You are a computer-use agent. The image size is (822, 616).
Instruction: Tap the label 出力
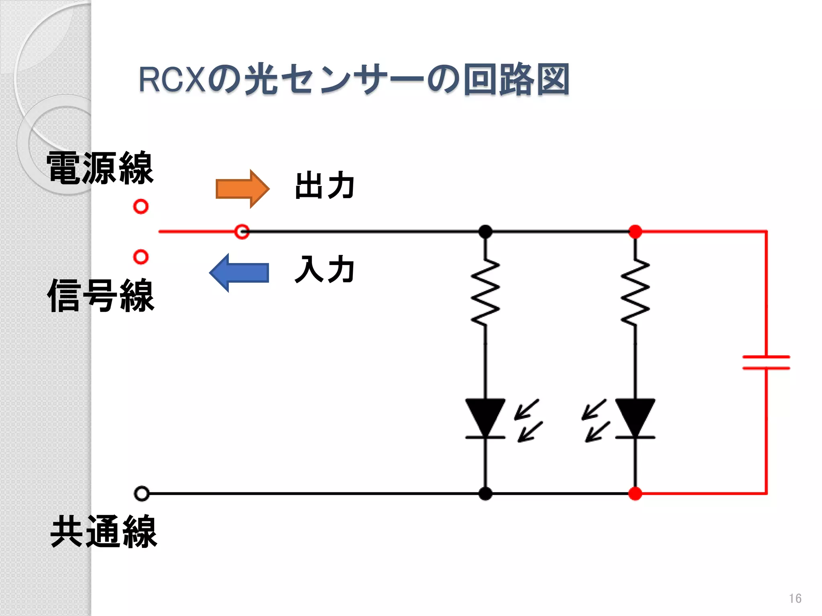pos(324,185)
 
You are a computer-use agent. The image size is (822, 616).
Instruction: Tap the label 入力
pos(324,269)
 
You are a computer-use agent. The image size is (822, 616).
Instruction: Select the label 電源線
pos(100,168)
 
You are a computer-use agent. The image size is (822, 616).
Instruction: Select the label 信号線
pos(101,296)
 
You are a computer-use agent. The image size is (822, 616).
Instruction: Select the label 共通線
pos(104,532)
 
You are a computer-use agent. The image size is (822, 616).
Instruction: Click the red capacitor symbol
pos(766,362)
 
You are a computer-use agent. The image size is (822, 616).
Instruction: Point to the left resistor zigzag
pos(485,292)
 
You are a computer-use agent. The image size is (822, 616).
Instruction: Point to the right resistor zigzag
pos(635,292)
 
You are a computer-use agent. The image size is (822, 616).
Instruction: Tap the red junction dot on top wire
pos(635,231)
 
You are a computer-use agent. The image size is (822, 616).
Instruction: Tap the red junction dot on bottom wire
pos(635,494)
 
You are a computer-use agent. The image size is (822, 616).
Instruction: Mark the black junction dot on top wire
pos(485,231)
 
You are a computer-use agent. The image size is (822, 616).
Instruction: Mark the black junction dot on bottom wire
pos(485,494)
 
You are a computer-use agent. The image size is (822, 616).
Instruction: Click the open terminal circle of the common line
pos(142,494)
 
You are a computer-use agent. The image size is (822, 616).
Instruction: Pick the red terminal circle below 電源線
pos(141,207)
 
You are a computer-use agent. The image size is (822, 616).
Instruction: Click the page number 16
pos(795,598)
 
